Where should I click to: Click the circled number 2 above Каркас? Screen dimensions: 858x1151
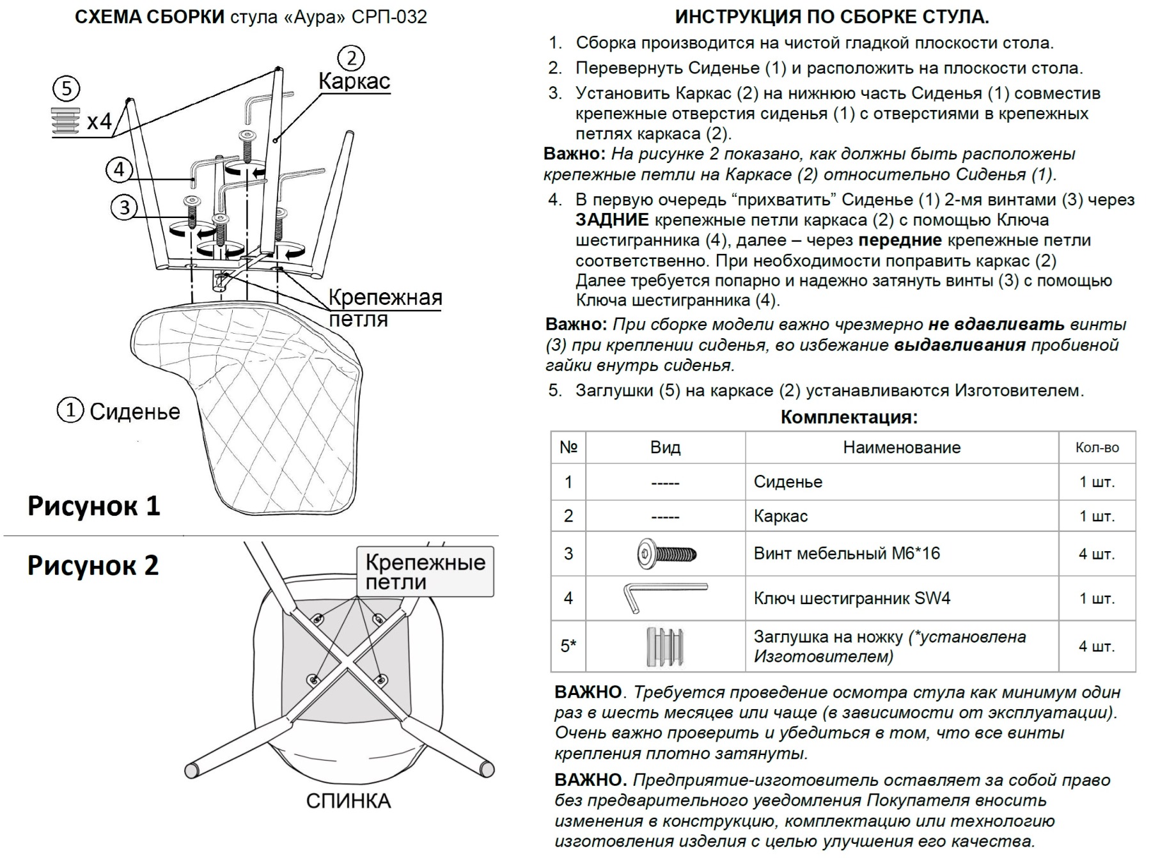(351, 58)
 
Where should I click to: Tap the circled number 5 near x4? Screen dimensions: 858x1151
(67, 88)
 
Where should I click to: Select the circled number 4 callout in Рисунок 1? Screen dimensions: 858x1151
(119, 169)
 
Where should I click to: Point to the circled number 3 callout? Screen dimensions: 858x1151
(124, 207)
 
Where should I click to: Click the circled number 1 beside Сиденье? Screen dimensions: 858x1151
(70, 410)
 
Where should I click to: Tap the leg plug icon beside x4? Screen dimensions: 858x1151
(65, 121)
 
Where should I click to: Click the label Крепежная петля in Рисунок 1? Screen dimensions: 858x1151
(384, 308)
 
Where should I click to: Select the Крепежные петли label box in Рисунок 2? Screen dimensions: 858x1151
(425, 572)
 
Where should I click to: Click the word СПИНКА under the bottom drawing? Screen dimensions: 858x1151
(348, 800)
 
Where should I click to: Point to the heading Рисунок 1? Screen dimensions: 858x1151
(93, 505)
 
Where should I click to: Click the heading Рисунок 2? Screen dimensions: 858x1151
(93, 565)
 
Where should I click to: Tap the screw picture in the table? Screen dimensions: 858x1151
(666, 553)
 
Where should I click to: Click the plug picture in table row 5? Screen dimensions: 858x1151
(665, 646)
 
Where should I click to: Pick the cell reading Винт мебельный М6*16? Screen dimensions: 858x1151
(847, 553)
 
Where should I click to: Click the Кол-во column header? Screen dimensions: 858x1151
(1097, 448)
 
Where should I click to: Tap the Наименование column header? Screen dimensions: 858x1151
(901, 448)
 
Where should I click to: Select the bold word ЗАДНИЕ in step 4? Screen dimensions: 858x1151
(612, 221)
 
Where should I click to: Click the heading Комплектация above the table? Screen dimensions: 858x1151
(849, 417)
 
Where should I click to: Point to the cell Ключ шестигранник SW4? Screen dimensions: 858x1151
(852, 598)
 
